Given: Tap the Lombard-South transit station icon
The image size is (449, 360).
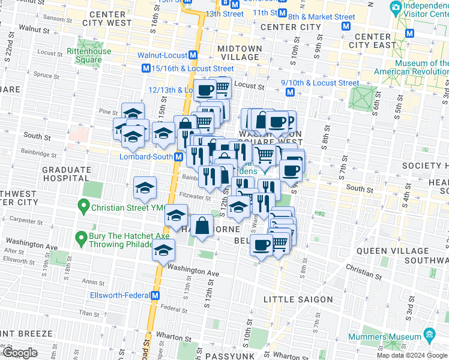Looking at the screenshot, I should [178, 157].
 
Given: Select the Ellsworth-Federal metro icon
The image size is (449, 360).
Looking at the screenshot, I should [155, 295].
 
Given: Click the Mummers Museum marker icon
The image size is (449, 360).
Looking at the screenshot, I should [429, 334].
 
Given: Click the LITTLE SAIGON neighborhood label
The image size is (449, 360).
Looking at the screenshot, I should [298, 299].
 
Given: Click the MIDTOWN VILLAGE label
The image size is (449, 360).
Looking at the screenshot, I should [240, 52].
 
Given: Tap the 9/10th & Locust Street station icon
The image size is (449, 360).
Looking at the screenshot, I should [289, 92].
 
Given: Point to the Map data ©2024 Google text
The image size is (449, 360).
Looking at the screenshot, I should [412, 355].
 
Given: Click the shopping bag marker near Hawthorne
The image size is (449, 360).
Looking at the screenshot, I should [203, 227].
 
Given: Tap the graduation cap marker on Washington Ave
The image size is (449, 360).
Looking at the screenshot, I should [163, 252].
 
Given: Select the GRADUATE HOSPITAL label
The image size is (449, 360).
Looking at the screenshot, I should [66, 174].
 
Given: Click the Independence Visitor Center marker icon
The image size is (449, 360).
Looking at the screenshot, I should [396, 8].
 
